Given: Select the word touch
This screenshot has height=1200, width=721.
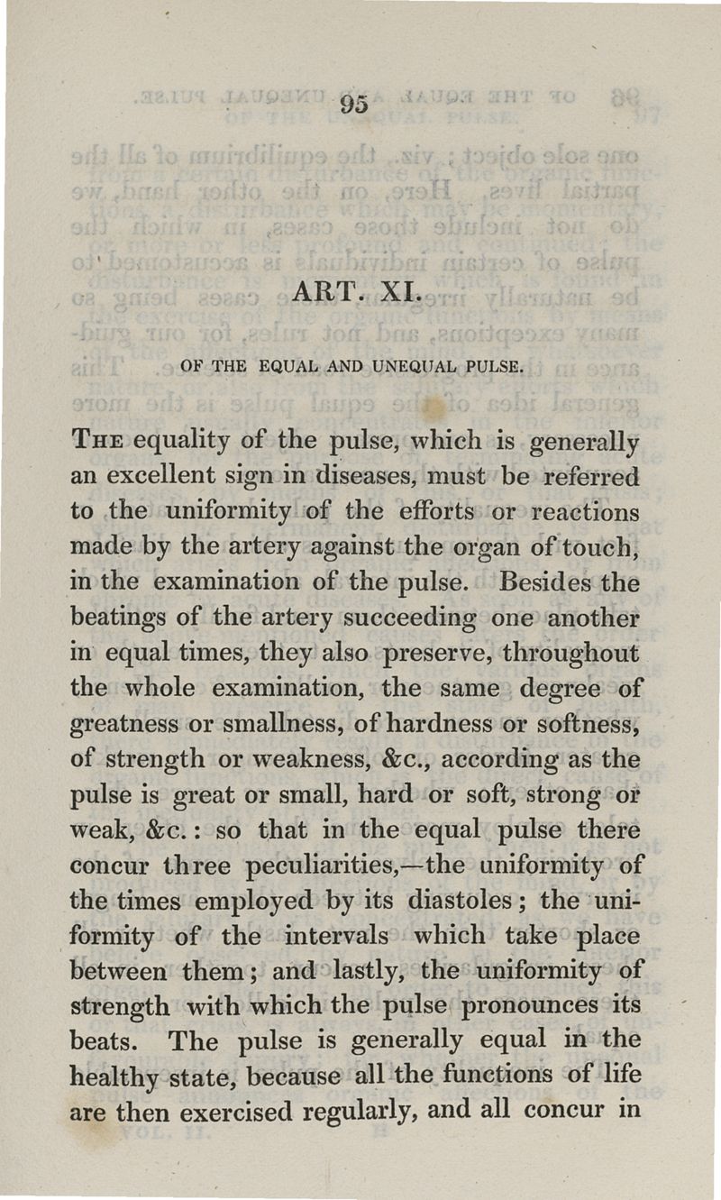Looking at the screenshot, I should click(x=603, y=546).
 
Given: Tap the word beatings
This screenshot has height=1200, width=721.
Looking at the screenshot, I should click(x=118, y=618).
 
